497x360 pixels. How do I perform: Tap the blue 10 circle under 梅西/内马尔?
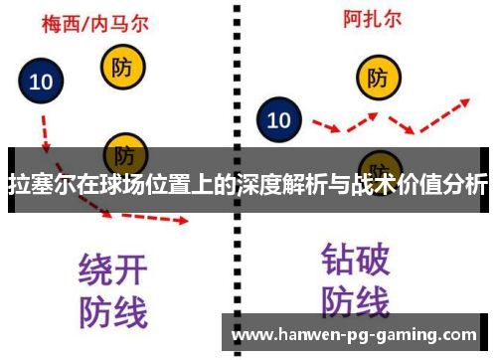[x=41, y=83]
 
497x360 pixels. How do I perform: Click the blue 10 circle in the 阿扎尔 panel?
[x=279, y=121]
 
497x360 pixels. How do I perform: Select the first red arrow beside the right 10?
[x=325, y=124]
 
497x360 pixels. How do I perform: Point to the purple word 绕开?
[x=112, y=270]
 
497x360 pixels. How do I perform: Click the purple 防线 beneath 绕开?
[x=112, y=310]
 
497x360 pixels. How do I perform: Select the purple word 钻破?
[x=355, y=260]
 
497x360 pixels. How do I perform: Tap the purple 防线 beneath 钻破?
[x=355, y=301]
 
